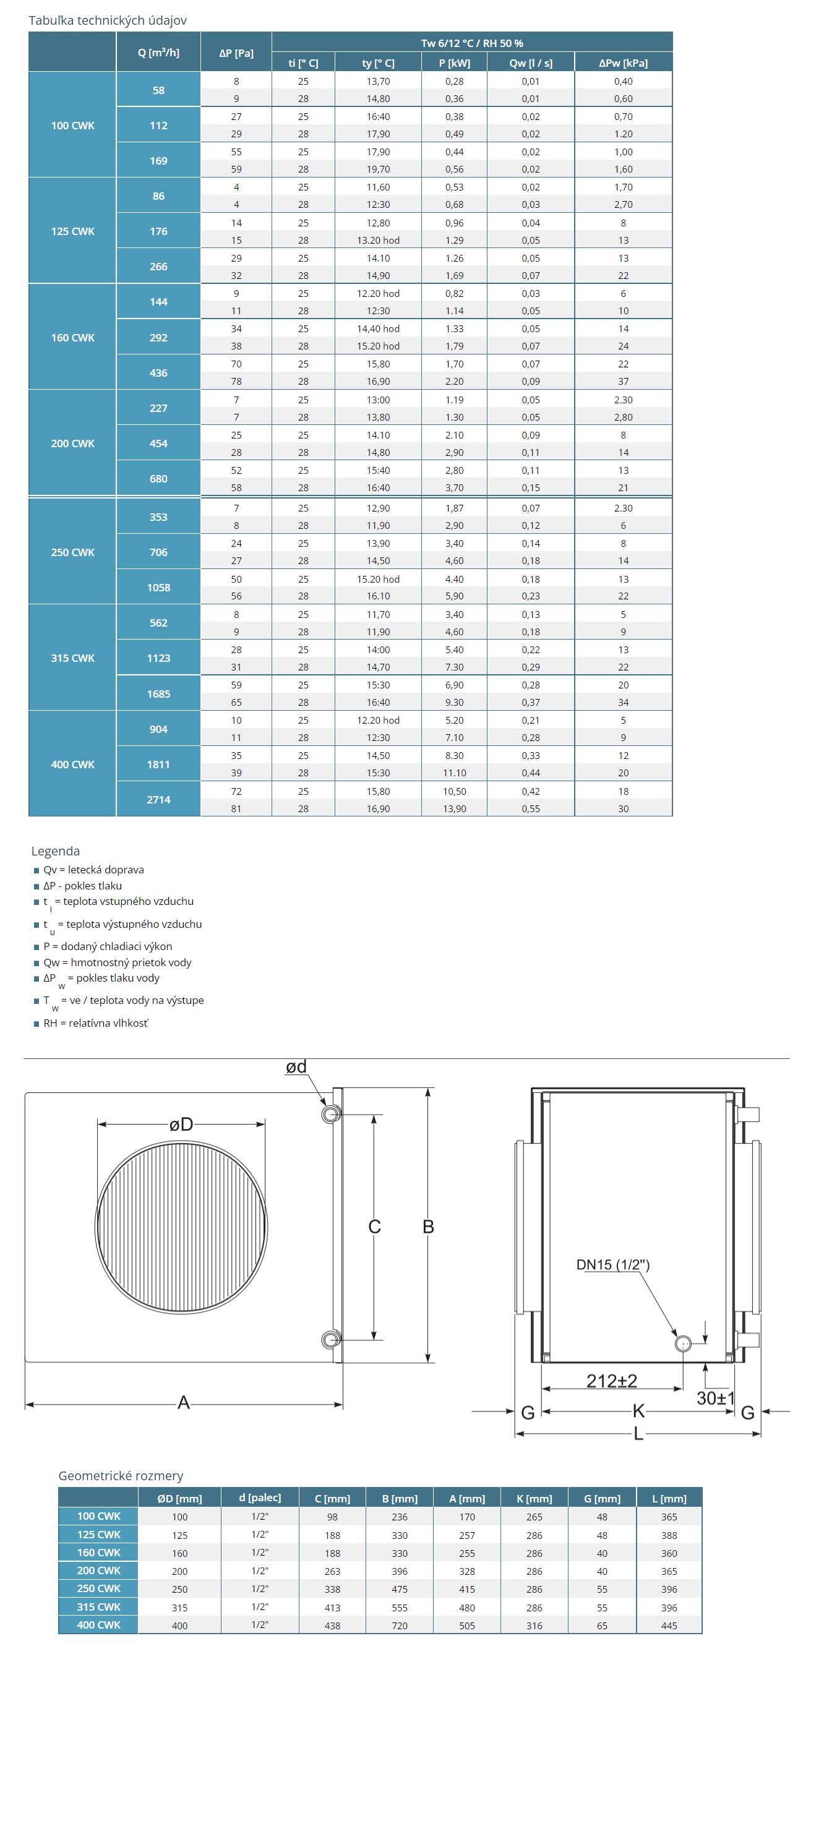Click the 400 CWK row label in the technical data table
tap(72, 764)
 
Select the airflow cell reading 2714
tap(158, 800)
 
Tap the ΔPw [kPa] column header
tap(622, 63)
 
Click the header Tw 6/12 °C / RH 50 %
tap(471, 43)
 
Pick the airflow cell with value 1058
tap(158, 588)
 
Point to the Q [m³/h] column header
tap(158, 53)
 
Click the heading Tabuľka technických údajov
tap(108, 20)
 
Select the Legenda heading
tap(55, 851)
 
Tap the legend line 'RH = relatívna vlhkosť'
tap(95, 1023)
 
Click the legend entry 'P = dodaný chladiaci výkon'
tap(108, 946)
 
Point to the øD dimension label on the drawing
tap(181, 1124)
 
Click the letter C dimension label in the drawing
tap(374, 1227)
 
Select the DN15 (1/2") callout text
tap(612, 1265)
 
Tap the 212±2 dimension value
tap(611, 1381)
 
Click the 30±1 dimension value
tap(715, 1399)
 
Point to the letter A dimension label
tap(184, 1402)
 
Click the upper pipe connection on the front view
tap(330, 1115)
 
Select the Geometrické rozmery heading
tap(121, 1475)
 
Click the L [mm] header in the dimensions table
tap(669, 1498)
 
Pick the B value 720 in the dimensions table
tap(399, 1625)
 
